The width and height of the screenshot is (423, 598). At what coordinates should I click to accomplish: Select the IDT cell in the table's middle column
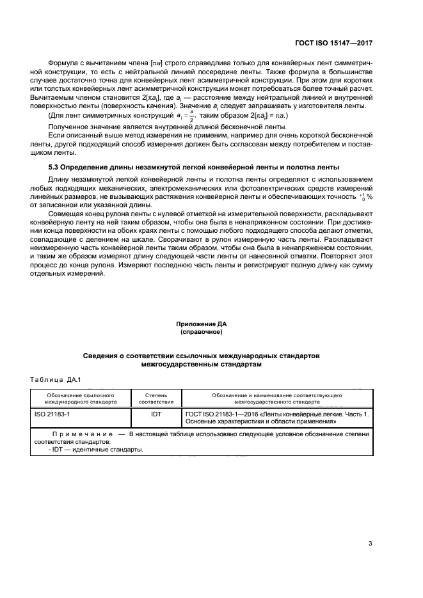click(x=156, y=414)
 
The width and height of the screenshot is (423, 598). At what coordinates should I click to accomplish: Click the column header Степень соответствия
click(x=156, y=400)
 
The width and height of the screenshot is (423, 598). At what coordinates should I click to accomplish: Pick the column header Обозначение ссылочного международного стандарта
click(x=81, y=400)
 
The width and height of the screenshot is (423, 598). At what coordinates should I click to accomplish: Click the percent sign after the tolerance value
click(x=370, y=197)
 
